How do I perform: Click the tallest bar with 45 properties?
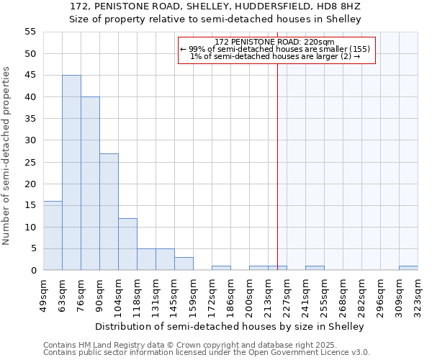[x=71, y=173]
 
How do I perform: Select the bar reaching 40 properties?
[x=90, y=184]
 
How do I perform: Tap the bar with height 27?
[x=109, y=212]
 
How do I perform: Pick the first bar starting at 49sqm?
[x=53, y=235]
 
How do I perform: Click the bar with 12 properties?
[x=127, y=244]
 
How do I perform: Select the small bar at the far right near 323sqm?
[x=408, y=268]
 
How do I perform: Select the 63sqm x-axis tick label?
[x=62, y=293]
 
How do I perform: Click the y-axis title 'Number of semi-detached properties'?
[x=6, y=156]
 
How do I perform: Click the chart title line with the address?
[x=215, y=6]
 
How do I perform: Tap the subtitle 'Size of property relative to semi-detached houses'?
[x=215, y=19]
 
